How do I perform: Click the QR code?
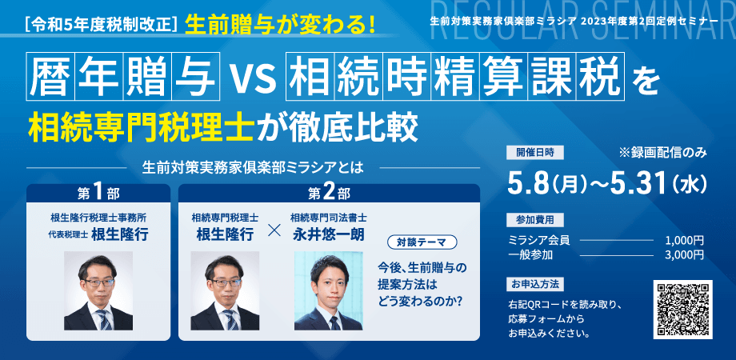point(683,310)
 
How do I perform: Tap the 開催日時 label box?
point(535,154)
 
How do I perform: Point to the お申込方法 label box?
point(535,284)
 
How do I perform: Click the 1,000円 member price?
point(684,240)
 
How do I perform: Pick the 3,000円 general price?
point(684,255)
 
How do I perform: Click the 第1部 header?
point(98,193)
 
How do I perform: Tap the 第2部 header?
point(329,193)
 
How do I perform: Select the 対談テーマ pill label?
point(422,242)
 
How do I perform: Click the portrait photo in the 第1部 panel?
point(98,290)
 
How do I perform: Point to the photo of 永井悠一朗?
point(329,290)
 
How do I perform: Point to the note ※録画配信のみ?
point(662,154)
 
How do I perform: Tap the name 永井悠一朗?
point(329,234)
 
